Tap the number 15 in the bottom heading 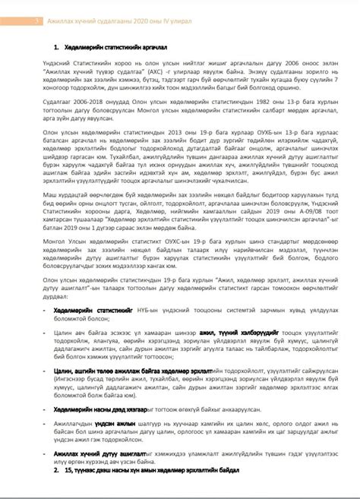point(68,471)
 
